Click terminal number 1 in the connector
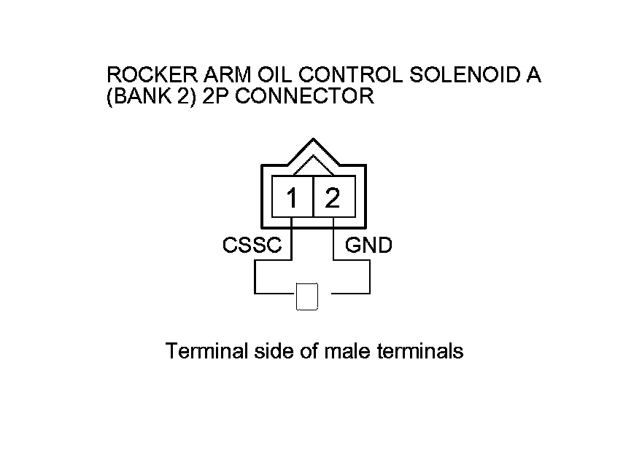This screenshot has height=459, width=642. [292, 198]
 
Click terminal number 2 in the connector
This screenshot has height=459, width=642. [333, 198]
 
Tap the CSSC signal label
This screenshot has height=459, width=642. [252, 246]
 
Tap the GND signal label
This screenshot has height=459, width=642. [368, 246]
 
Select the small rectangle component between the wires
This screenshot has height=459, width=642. [307, 296]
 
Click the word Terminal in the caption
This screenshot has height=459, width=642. [202, 351]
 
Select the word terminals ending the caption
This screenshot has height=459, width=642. [420, 351]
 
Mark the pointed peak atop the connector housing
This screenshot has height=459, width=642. [312, 140]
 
